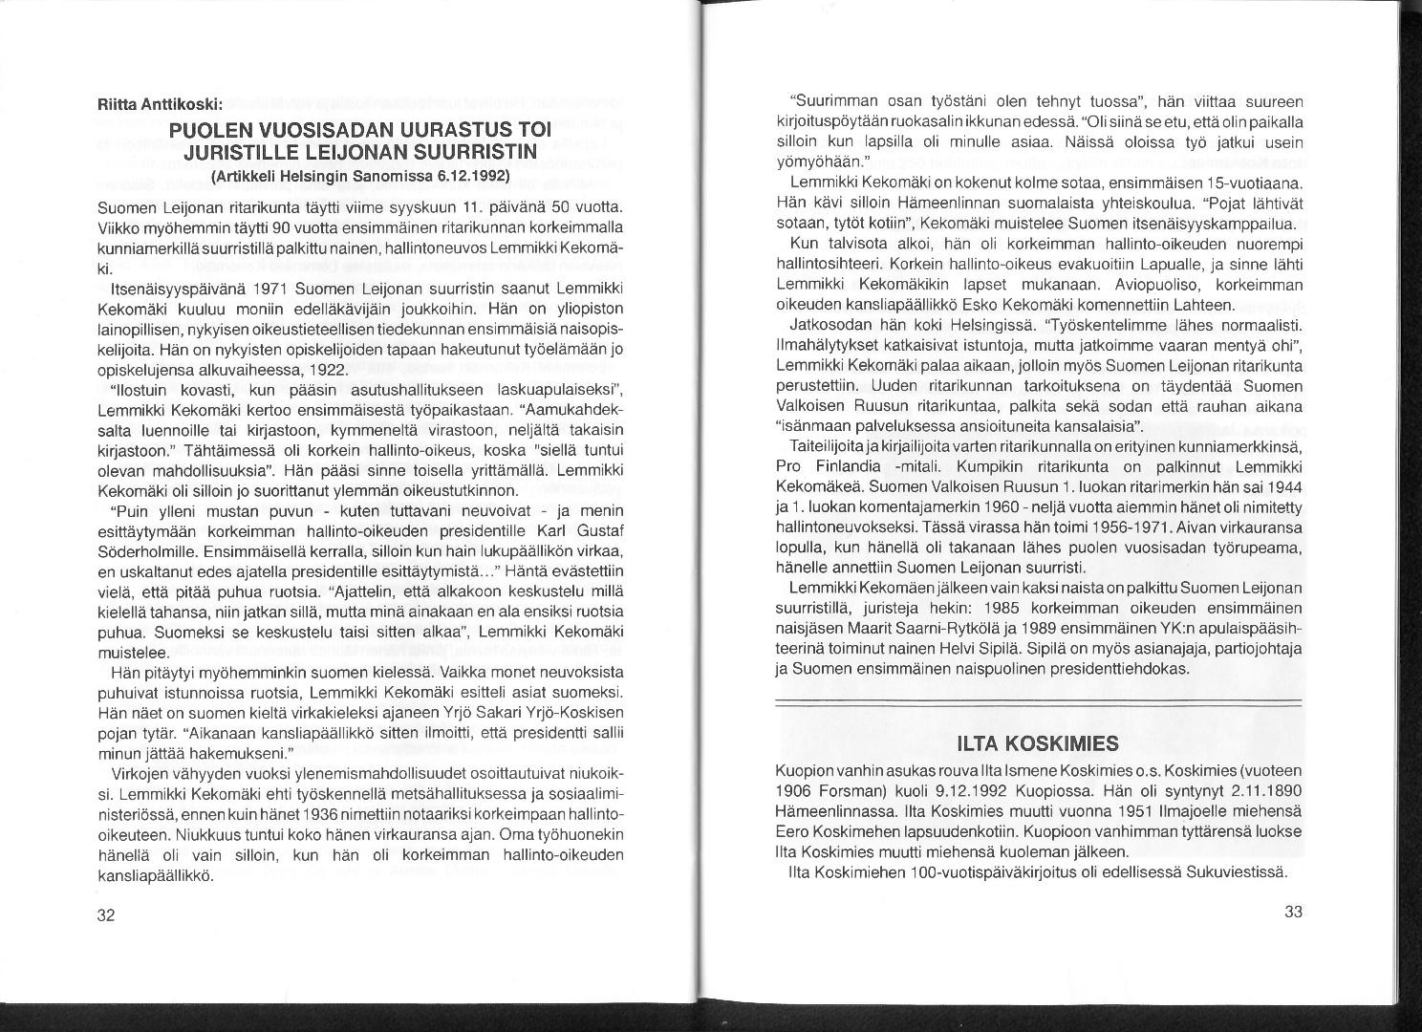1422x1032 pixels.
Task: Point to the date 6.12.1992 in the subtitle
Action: pyautogui.click(x=470, y=178)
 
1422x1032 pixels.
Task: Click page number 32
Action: pyautogui.click(x=106, y=914)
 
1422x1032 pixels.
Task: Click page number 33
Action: pyautogui.click(x=1293, y=912)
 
